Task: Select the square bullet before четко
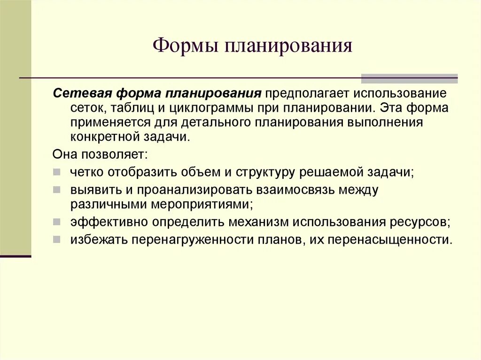tap(57, 172)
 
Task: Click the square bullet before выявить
tap(57, 190)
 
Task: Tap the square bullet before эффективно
tap(57, 222)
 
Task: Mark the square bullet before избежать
tap(57, 239)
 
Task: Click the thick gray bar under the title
tap(409, 78)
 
